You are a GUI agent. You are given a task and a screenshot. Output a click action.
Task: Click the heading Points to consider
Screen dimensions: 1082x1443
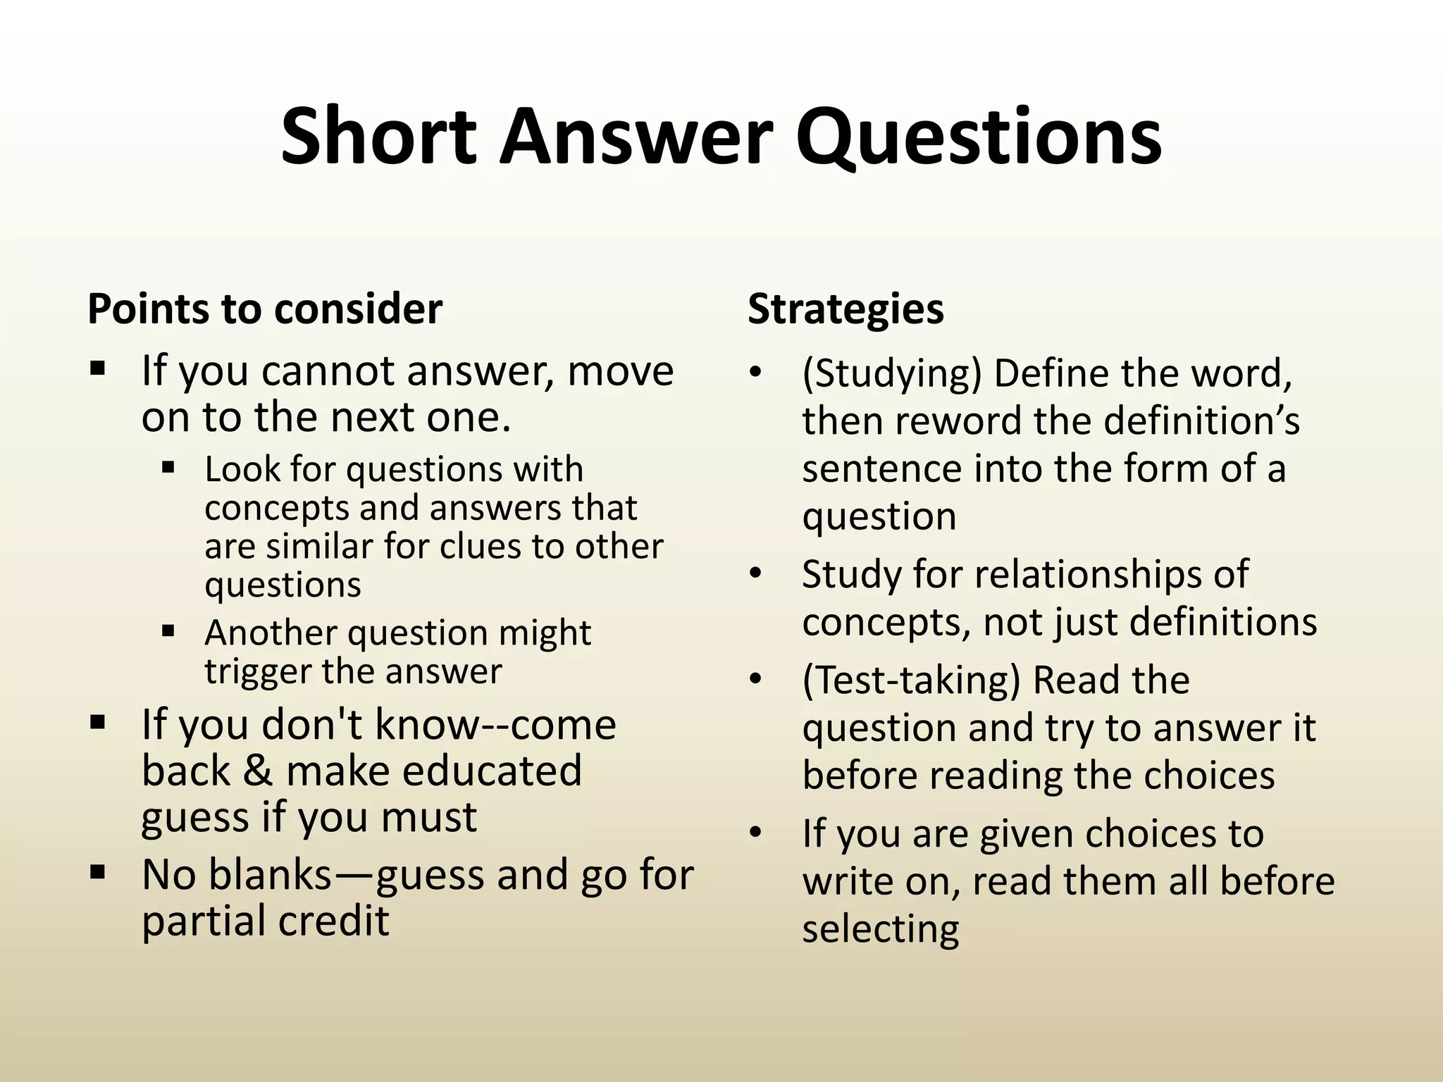[265, 309]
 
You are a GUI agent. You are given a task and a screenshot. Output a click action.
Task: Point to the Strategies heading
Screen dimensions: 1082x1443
[846, 309]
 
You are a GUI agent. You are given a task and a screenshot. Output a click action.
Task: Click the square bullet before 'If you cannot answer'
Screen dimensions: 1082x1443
[97, 368]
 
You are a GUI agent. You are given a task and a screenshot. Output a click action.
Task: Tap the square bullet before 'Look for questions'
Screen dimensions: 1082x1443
[168, 467]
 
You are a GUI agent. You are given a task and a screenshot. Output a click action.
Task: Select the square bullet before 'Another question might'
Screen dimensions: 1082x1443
[168, 630]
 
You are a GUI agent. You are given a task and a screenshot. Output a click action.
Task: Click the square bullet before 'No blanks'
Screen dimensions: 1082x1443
[97, 873]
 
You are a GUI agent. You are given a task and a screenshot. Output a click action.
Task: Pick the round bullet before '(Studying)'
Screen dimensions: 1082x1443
[756, 373]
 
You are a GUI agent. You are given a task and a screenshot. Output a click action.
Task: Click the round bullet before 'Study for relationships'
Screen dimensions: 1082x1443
[756, 573]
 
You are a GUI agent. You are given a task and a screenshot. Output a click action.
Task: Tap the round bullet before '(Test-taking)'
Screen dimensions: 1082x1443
[756, 680]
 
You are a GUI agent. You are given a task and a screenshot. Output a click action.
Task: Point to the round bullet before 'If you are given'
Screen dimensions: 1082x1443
[756, 833]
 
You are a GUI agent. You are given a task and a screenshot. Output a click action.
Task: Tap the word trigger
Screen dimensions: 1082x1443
[258, 672]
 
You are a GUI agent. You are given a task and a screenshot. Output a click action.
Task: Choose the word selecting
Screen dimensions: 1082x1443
[880, 930]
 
